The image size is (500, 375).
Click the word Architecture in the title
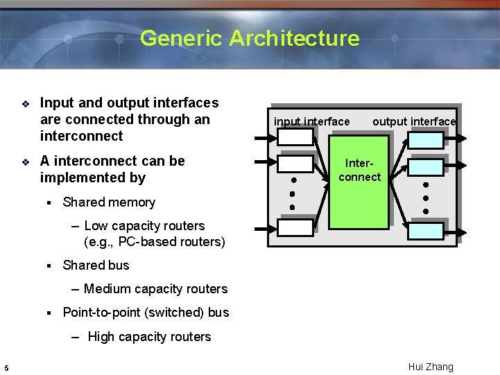(294, 38)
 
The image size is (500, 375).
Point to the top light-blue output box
(425, 140)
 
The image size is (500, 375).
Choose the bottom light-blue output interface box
(425, 231)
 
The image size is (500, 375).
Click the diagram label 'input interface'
(311, 122)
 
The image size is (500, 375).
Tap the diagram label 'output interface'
(414, 122)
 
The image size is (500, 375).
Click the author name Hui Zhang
(431, 367)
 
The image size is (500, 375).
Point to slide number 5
(6, 367)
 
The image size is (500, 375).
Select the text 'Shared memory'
(109, 202)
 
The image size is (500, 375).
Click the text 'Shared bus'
(96, 265)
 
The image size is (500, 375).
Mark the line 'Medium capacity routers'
(155, 289)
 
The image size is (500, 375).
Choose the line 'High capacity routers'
(149, 337)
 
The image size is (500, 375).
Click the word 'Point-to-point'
(101, 313)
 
